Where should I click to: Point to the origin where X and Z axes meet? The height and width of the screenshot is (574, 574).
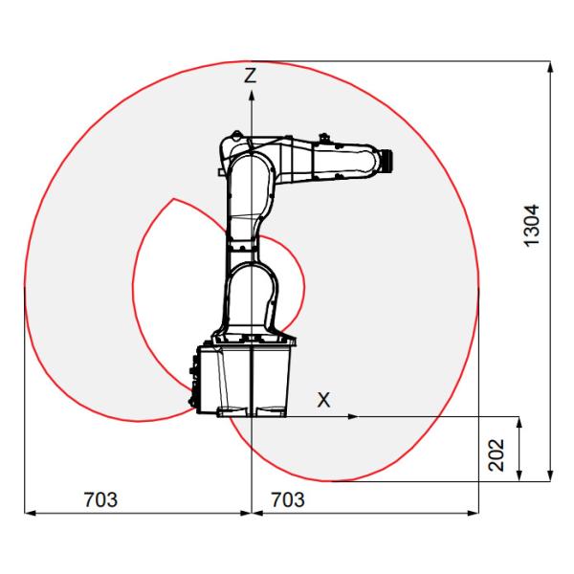(251, 417)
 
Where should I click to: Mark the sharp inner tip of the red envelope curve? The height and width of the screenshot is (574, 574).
(171, 200)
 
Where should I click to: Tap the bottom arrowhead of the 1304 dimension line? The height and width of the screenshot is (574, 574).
(551, 475)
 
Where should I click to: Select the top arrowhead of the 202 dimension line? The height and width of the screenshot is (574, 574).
(519, 422)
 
